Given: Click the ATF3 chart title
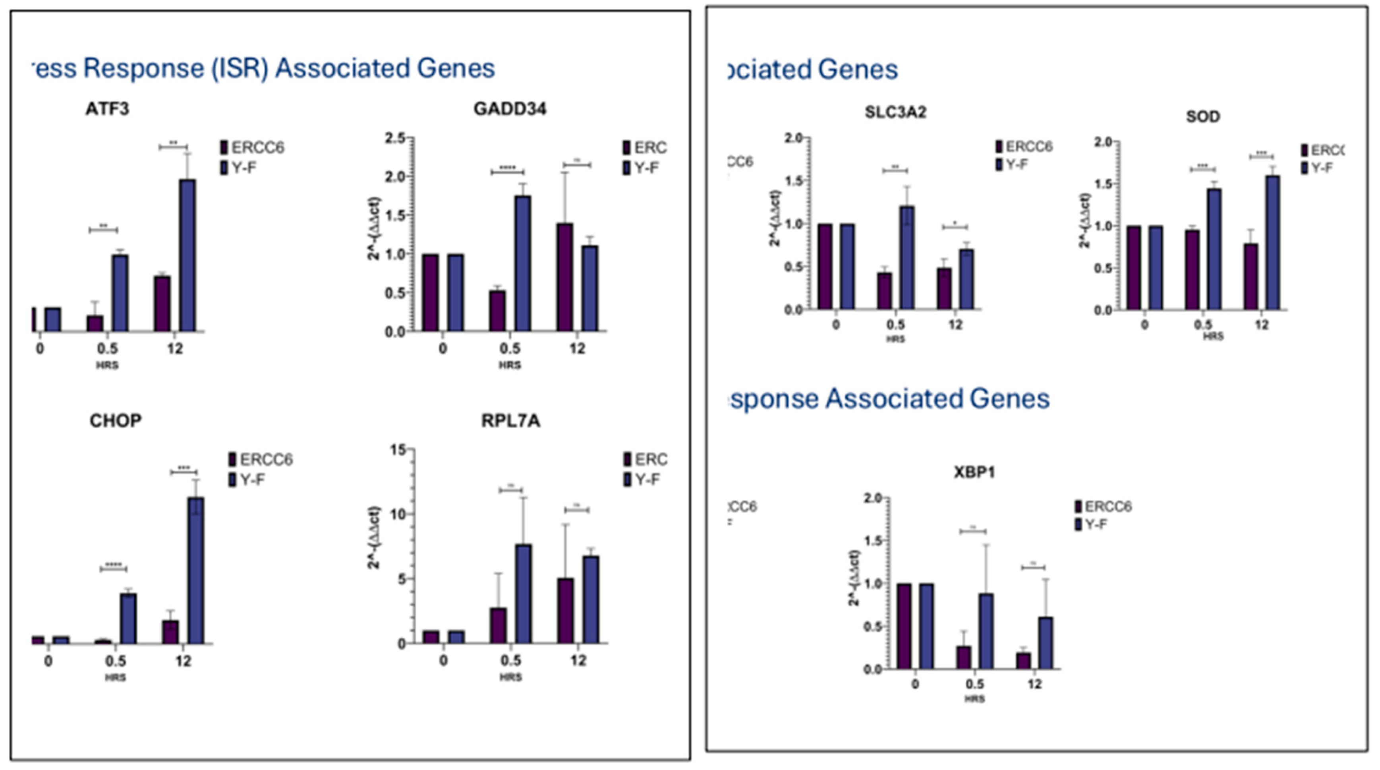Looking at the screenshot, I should [107, 109].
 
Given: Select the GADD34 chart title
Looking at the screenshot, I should [510, 109].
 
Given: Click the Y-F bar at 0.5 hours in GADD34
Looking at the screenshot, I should [522, 264].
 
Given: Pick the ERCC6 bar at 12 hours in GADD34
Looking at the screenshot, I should [564, 277].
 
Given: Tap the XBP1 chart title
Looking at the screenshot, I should [974, 473].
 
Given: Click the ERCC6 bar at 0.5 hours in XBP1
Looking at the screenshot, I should [964, 658].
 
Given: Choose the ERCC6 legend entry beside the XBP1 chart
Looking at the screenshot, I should [1104, 506].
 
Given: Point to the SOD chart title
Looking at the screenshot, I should [1203, 117].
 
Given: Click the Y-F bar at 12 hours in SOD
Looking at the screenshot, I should [1272, 243].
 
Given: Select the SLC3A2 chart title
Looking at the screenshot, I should [895, 112].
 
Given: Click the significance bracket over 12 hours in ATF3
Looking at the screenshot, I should [173, 146].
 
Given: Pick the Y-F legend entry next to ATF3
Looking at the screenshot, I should [238, 168].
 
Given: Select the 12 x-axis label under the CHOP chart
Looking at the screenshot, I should [183, 661].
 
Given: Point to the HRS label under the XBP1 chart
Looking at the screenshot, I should [974, 699].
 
